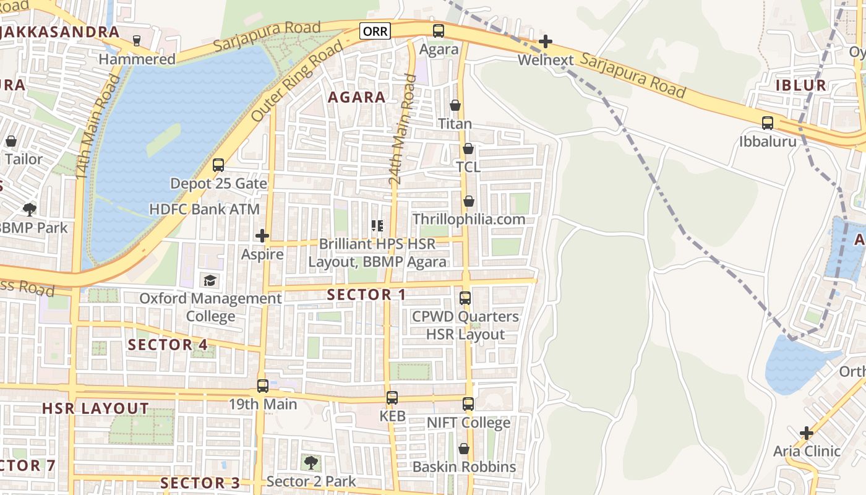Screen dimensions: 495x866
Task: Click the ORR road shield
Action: tap(375, 31)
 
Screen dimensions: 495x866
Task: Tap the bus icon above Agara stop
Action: tap(439, 30)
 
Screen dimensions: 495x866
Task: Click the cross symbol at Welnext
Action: tap(545, 41)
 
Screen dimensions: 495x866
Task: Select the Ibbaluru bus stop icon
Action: tap(768, 123)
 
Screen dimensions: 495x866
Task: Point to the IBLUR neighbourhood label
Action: tap(801, 85)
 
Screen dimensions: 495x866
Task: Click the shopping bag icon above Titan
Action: tap(455, 105)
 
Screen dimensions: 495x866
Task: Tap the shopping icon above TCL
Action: tap(468, 148)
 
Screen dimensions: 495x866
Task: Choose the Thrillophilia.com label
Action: tap(468, 219)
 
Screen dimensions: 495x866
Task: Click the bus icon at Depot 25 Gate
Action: tap(218, 165)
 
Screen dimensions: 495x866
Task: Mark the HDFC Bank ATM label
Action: tap(205, 209)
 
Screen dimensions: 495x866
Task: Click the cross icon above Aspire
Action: tap(262, 235)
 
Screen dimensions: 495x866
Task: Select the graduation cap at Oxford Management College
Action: tap(210, 280)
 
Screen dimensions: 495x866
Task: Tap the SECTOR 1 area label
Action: tap(366, 295)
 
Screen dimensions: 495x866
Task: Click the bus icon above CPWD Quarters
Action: tap(465, 298)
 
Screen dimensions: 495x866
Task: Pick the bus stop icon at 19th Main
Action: tap(263, 385)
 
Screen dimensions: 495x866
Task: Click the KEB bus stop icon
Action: tap(392, 397)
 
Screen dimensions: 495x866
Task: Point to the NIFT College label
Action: tap(468, 423)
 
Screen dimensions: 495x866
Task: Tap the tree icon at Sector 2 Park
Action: tap(311, 462)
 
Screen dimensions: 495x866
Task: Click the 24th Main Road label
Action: tap(402, 130)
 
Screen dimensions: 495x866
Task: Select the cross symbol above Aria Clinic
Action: tap(807, 433)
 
